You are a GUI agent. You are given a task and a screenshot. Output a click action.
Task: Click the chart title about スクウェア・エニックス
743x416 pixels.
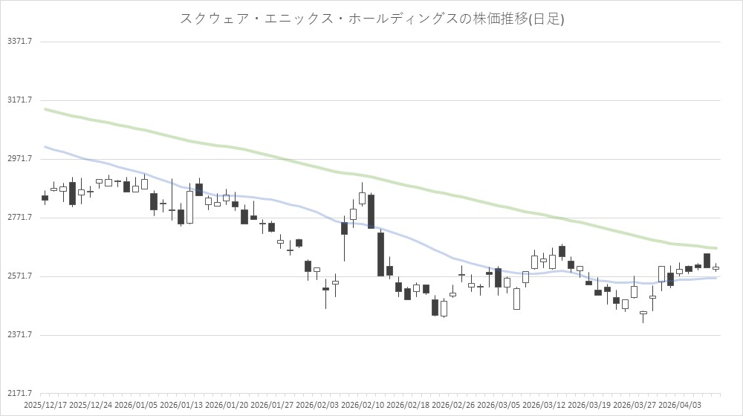371,19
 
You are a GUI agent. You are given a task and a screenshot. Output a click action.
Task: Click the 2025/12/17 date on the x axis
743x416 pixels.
45,405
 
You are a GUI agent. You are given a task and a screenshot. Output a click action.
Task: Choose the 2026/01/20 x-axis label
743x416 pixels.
227,405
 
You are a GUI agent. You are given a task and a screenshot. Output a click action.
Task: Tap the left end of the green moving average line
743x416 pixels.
45,109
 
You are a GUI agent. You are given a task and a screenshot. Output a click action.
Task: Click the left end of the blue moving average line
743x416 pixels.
45,146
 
